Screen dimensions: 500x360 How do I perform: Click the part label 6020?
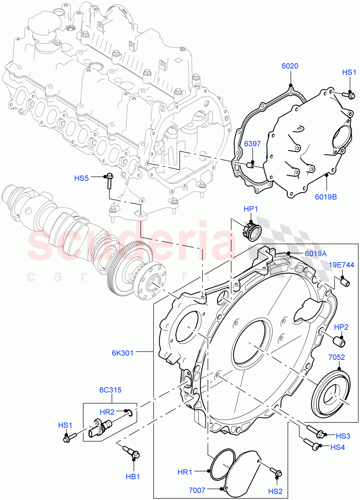coord(290,66)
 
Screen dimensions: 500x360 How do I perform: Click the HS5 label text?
coord(82,178)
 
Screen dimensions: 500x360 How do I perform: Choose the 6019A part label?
coord(315,253)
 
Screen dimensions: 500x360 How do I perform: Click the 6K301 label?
coord(122,353)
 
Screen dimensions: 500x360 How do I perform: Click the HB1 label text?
coord(132,476)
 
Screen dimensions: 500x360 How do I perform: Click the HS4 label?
coord(337,447)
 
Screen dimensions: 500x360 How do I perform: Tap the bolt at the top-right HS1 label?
coord(348,95)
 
